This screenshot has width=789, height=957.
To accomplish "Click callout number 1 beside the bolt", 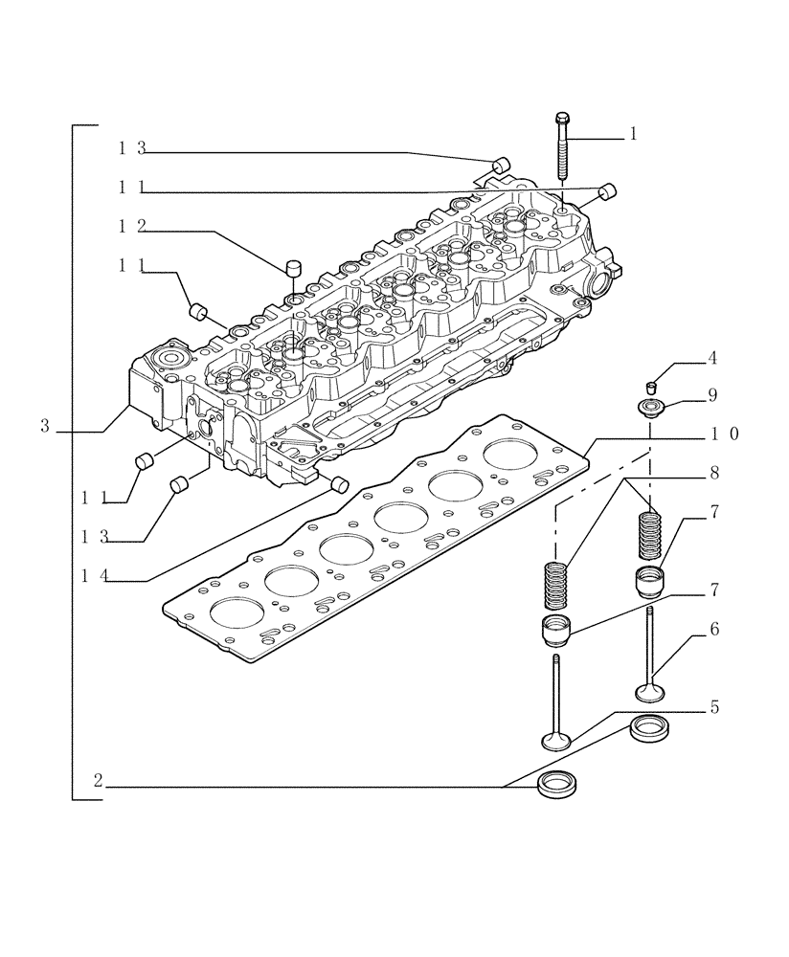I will (633, 135).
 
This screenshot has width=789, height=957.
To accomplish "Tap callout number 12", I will (132, 226).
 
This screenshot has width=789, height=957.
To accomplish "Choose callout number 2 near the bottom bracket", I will (98, 780).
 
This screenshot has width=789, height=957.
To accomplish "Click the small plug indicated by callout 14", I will (337, 483).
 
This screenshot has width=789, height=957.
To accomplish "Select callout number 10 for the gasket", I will (724, 434).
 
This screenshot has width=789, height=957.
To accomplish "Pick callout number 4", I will (712, 359).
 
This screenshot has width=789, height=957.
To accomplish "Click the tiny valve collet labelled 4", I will (652, 388).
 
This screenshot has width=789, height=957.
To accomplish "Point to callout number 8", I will (712, 472).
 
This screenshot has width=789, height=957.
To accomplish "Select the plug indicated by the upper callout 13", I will (500, 162).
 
